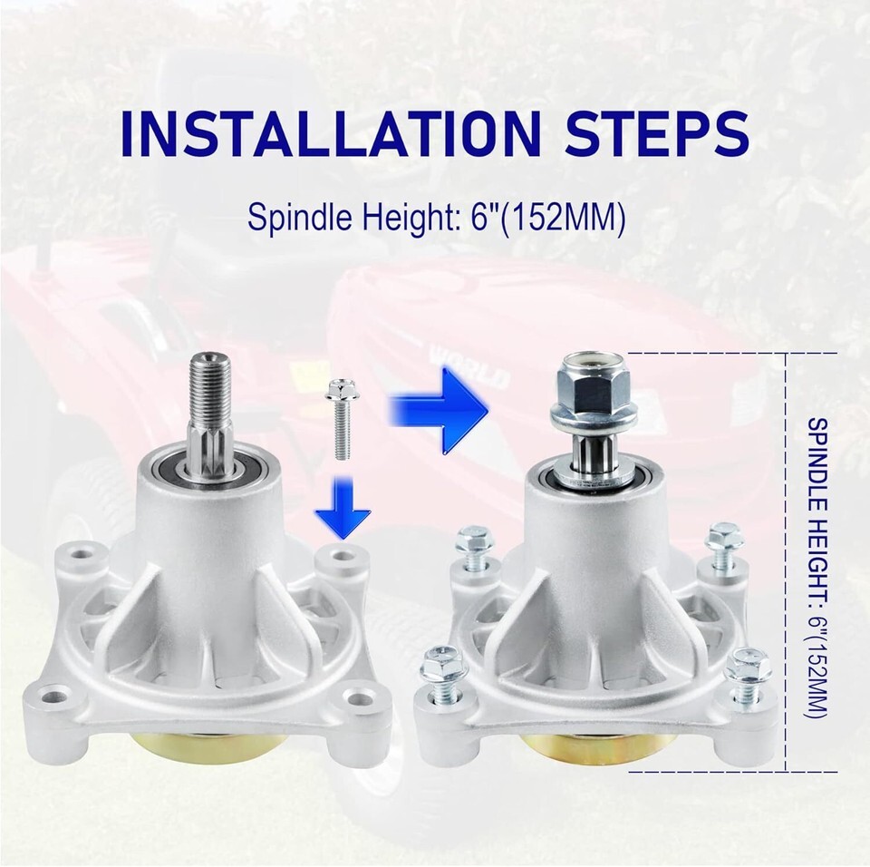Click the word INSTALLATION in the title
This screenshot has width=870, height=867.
tap(331, 134)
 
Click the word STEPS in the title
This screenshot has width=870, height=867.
tap(657, 134)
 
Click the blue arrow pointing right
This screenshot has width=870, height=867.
tap(439, 410)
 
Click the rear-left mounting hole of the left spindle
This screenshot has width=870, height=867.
tap(84, 555)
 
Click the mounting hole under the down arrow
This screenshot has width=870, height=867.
tap(340, 555)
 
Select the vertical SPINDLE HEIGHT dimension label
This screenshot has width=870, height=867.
tap(817, 569)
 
